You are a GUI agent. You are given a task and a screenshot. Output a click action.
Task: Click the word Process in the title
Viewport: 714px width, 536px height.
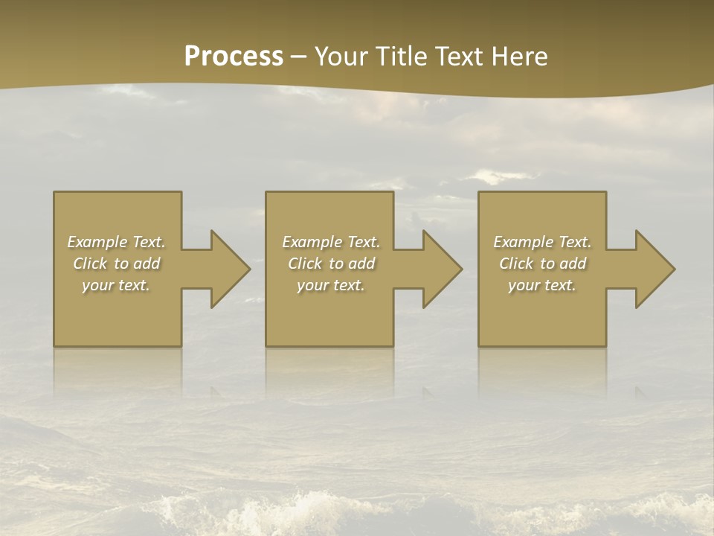pos(234,57)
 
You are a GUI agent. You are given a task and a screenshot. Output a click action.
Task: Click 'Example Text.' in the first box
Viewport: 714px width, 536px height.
pos(116,242)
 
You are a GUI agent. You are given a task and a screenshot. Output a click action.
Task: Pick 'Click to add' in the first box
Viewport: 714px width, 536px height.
pos(116,264)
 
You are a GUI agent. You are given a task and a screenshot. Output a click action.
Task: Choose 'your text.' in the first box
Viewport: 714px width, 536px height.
pos(116,285)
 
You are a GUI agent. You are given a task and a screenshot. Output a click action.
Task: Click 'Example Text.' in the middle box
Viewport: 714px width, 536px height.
pos(330,242)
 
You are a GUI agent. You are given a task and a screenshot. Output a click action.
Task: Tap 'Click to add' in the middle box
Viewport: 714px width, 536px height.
pos(330,264)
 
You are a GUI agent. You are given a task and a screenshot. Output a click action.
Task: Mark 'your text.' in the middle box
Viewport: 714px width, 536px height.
pos(330,285)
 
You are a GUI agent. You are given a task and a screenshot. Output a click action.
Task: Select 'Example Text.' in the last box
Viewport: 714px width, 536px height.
pos(542,242)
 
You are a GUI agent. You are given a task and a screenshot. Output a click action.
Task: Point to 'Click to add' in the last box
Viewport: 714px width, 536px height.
pos(542,264)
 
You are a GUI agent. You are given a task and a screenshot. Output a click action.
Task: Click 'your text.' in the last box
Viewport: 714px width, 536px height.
pos(542,285)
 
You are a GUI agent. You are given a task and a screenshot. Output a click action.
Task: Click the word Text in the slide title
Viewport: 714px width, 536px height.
pos(457,57)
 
